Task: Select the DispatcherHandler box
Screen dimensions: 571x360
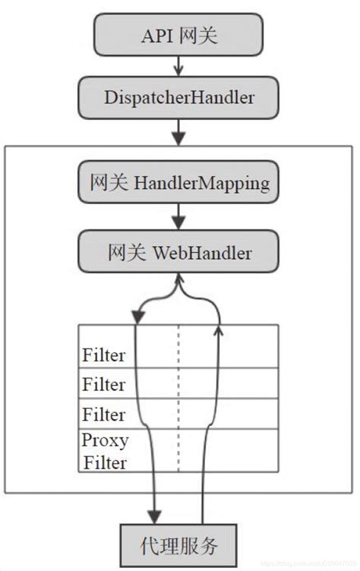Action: pos(178,96)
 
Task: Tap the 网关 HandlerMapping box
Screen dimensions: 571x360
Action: pos(178,184)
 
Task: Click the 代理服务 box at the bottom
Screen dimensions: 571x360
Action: pos(179,544)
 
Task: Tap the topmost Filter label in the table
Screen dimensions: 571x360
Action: pos(103,355)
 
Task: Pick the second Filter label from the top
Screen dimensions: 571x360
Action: pos(103,385)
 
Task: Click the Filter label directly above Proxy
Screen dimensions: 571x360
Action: pos(103,415)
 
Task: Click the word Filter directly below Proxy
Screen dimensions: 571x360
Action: pos(103,462)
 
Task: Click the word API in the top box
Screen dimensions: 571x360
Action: pos(156,35)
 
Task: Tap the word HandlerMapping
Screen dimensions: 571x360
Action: pos(201,184)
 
